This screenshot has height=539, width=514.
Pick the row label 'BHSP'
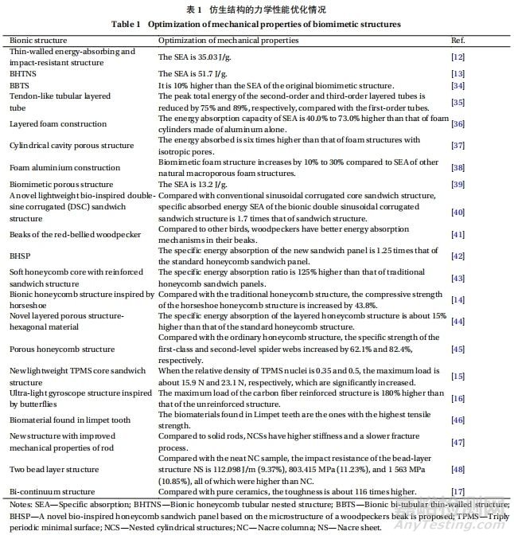pyautogui.click(x=20, y=256)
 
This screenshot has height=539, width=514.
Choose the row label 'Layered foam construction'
pyautogui.click(x=57, y=124)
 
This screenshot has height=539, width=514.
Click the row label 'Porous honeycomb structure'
pyautogui.click(x=61, y=349)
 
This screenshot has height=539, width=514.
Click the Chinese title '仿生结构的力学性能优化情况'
pyautogui.click(x=270, y=9)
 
